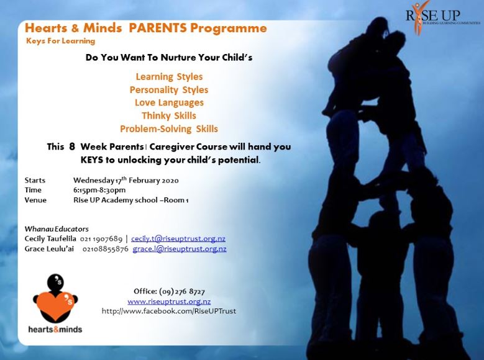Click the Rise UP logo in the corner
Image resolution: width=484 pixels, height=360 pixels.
pos(442,17)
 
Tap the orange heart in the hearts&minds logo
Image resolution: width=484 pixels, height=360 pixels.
pos(55,305)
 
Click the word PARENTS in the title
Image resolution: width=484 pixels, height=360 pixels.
pos(158,28)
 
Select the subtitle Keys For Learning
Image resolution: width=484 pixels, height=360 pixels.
pos(60,41)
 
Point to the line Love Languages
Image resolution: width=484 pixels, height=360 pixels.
pos(169,102)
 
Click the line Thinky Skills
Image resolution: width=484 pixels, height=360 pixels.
pos(169,115)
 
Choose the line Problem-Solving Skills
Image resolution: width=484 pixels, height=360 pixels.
pos(169,128)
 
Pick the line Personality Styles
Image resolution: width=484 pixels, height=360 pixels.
pos(169,90)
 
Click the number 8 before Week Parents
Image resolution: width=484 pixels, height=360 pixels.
pos(72,146)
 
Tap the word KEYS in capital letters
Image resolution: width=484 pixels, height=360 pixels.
pos(92,160)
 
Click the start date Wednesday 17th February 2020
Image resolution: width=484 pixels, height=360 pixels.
pos(126,180)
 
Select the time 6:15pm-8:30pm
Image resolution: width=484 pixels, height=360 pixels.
pos(99,190)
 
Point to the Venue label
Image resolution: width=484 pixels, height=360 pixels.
pos(35,200)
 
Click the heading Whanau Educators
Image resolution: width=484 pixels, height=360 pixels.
pos(57,229)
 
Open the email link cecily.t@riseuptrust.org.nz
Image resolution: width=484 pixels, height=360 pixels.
pos(178,238)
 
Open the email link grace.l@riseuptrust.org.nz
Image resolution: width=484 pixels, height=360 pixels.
pos(180,249)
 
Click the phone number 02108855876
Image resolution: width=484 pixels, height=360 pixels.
pos(105,249)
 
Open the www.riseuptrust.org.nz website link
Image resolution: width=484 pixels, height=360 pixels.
pos(169,302)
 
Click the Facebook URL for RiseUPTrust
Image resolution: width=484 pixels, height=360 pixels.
pos(169,311)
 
